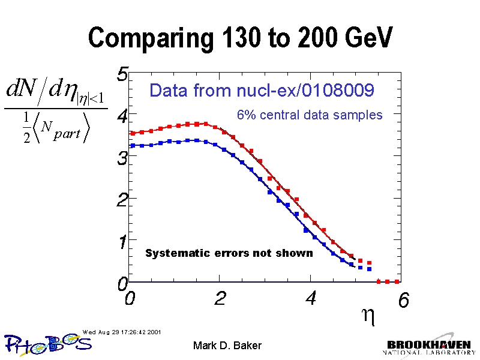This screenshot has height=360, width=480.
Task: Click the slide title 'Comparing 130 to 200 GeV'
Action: [x=240, y=38]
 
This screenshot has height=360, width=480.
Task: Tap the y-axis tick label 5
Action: [x=122, y=75]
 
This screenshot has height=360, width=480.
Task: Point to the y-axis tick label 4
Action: [x=122, y=116]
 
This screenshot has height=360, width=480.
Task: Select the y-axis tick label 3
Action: [x=122, y=158]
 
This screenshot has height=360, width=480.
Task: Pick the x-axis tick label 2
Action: [x=220, y=298]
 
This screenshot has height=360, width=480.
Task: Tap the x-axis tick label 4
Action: [x=311, y=298]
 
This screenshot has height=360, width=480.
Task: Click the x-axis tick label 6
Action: [x=403, y=301]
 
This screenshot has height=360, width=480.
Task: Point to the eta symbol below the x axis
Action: [x=370, y=316]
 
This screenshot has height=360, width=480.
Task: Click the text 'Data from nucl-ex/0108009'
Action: [x=262, y=91]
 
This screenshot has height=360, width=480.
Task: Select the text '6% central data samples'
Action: [x=310, y=115]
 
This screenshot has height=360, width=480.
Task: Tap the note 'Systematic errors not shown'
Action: [x=229, y=253]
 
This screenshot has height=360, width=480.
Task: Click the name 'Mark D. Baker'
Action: [x=227, y=346]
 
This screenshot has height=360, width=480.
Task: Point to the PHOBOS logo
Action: [x=48, y=343]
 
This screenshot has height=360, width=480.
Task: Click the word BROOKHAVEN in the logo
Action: [x=428, y=345]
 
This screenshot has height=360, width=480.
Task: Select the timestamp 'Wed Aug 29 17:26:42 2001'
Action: [x=122, y=331]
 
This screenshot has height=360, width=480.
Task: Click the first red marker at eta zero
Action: [x=133, y=133]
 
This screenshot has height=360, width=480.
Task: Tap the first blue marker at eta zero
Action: [x=133, y=145]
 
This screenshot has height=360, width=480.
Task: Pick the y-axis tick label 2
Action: [x=122, y=200]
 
